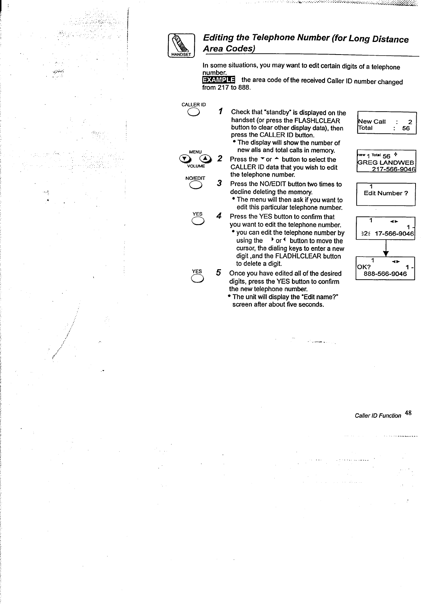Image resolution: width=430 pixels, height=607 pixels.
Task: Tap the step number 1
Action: [x=220, y=111]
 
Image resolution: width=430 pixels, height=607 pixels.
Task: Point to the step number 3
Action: [x=219, y=183]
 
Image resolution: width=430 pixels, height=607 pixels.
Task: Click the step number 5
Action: [x=219, y=272]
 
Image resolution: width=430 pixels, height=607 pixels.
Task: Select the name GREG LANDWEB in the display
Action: [x=386, y=163]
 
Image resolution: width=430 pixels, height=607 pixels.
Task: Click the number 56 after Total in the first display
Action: [x=406, y=128]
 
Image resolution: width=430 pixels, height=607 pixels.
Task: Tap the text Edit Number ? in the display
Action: [x=386, y=193]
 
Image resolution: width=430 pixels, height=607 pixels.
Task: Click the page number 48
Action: [x=408, y=413]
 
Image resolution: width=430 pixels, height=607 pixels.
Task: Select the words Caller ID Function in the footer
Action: [x=378, y=416]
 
